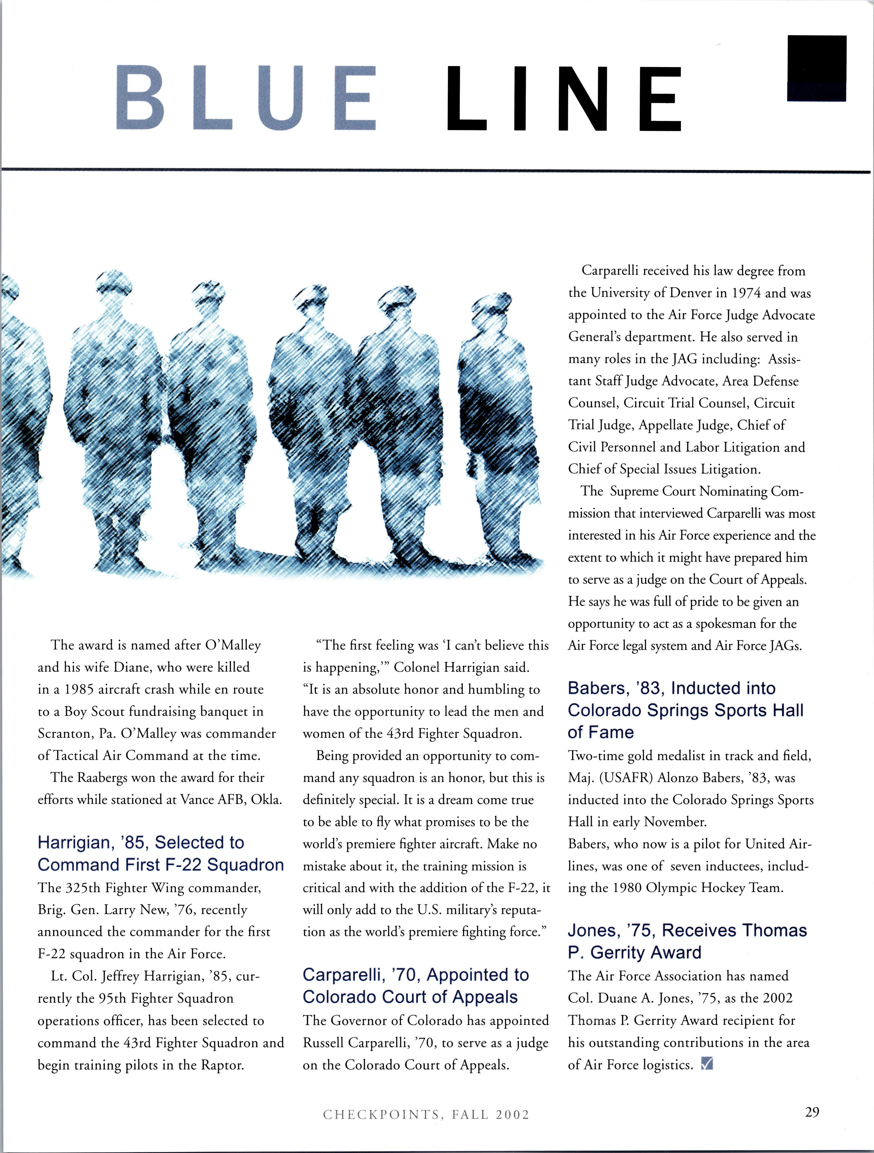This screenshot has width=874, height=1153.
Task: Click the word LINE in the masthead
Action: pos(564,99)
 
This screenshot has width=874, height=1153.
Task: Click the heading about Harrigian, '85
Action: pos(160,854)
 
